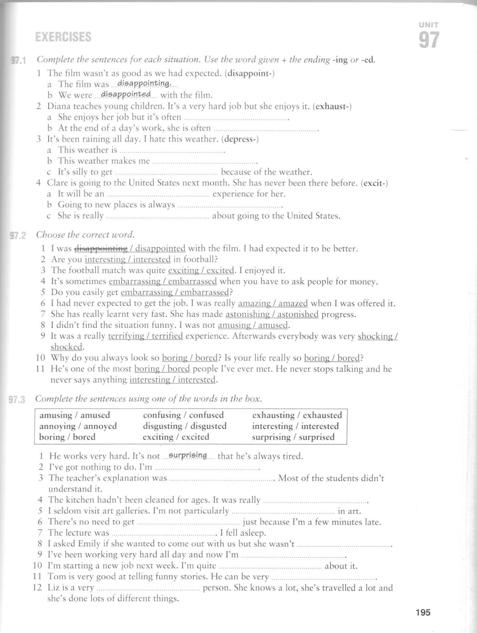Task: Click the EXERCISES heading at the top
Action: click(x=63, y=37)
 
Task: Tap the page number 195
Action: click(x=423, y=612)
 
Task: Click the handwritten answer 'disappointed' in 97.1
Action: click(x=126, y=94)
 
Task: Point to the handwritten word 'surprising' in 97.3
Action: click(x=188, y=455)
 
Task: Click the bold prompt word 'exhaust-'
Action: click(x=332, y=106)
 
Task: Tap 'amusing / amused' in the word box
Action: click(x=74, y=415)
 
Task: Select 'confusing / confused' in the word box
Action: click(x=183, y=415)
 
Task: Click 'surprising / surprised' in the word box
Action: click(x=293, y=437)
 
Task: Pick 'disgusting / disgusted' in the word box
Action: click(x=185, y=426)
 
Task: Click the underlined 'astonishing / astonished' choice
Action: click(x=272, y=314)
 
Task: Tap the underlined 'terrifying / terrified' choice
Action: click(x=145, y=336)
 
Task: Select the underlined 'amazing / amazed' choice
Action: click(x=273, y=303)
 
